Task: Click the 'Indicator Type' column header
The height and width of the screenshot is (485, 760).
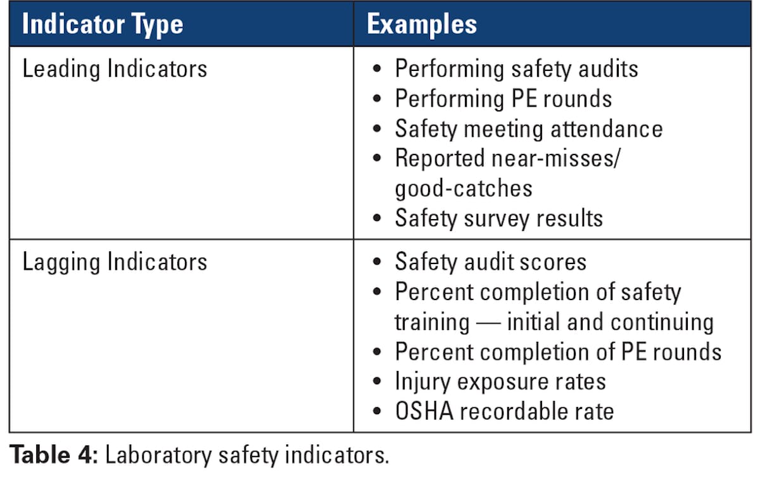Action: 103,25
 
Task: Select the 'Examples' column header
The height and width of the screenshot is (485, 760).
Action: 422,25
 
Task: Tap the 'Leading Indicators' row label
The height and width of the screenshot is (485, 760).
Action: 115,69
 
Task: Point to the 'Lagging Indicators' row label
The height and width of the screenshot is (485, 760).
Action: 115,262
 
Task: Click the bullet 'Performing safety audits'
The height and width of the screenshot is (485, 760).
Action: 516,69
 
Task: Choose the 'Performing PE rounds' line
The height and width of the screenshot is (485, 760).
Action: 503,99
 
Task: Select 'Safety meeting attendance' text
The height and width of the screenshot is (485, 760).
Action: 528,129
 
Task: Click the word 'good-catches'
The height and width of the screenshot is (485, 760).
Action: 464,189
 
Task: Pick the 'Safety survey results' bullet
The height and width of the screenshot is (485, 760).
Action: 498,218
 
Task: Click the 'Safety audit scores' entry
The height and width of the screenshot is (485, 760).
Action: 491,262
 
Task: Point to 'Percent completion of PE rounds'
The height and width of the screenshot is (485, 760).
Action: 558,352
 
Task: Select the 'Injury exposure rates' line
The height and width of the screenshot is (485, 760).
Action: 500,382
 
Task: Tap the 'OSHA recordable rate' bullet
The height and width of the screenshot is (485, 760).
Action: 504,412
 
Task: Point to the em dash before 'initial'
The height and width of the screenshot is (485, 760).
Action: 488,322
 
